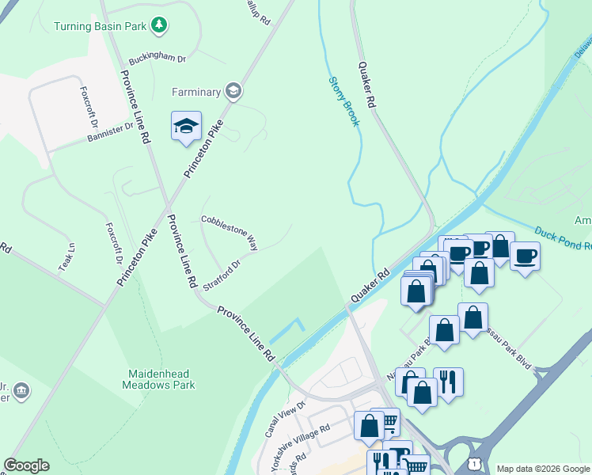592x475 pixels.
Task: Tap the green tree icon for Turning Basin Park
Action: pyautogui.click(x=160, y=26)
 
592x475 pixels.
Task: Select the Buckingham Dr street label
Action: pyautogui.click(x=158, y=59)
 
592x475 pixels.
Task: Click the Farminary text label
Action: pyautogui.click(x=195, y=92)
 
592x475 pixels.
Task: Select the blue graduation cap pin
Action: pyautogui.click(x=186, y=127)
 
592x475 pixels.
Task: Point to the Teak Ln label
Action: pyautogui.click(x=66, y=257)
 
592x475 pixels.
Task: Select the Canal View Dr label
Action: pyautogui.click(x=285, y=419)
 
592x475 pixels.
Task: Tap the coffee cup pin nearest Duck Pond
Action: pyautogui.click(x=525, y=256)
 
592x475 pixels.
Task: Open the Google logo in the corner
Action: pyautogui.click(x=26, y=465)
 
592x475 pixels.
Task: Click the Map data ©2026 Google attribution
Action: pyautogui.click(x=543, y=469)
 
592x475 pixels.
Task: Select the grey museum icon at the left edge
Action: pyautogui.click(x=21, y=390)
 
